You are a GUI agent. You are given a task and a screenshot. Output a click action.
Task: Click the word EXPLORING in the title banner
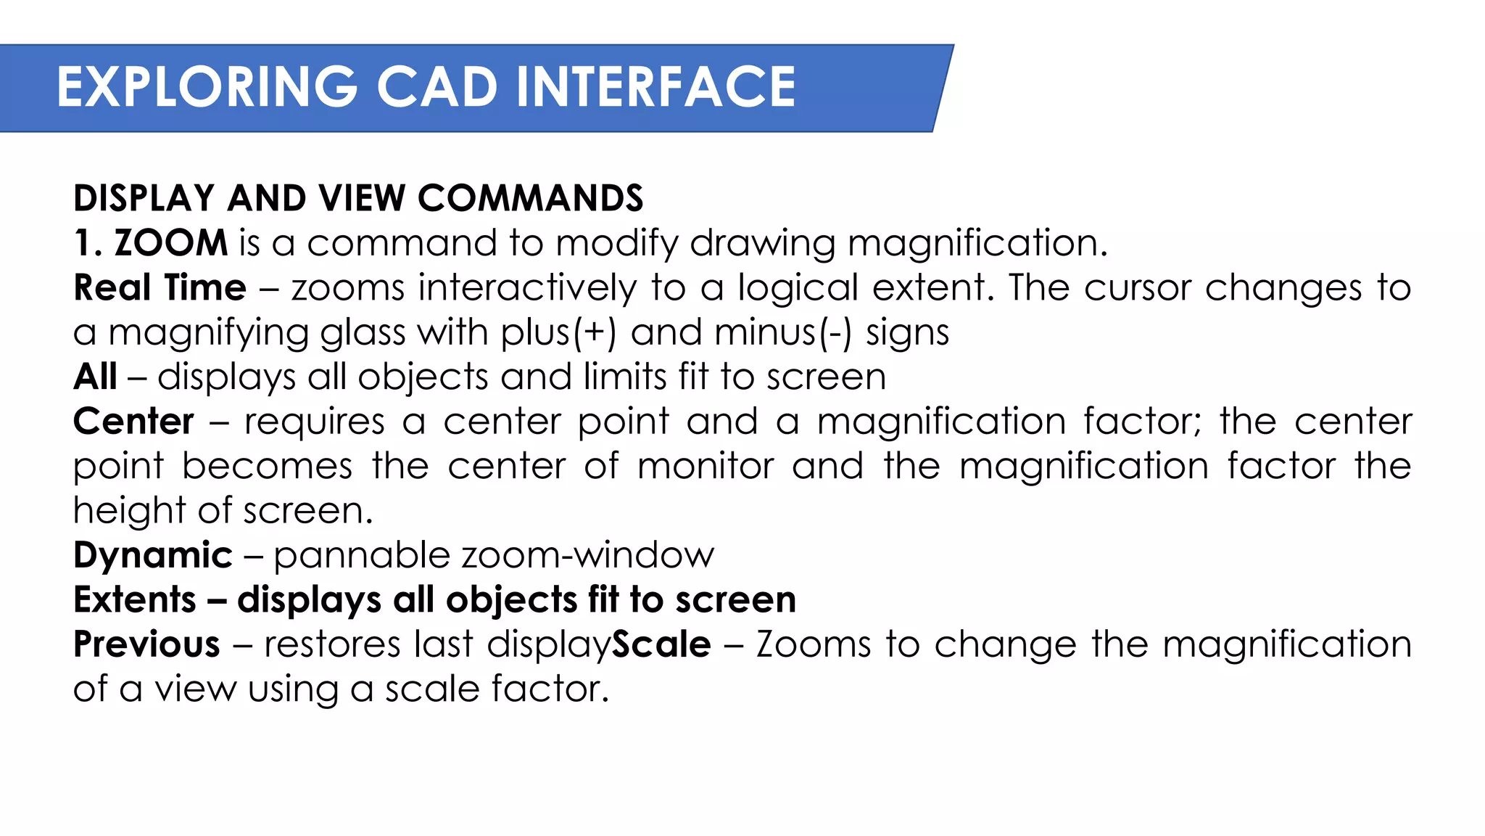(x=207, y=87)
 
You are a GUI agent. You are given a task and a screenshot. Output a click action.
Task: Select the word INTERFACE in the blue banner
(x=655, y=87)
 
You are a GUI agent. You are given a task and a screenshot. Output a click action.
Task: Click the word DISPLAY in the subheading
(x=144, y=198)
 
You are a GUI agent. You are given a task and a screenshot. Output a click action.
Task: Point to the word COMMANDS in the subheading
(x=530, y=198)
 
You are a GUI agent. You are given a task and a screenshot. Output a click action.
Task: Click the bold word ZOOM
(x=171, y=242)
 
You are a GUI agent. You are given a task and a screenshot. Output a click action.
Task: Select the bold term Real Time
(x=160, y=287)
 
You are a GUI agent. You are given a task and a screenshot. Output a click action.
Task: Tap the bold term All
(x=95, y=377)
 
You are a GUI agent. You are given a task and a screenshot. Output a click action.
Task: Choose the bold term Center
(x=134, y=422)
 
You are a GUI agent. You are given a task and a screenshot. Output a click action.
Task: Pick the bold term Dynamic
(x=153, y=556)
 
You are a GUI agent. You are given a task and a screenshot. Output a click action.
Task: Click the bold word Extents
(x=135, y=600)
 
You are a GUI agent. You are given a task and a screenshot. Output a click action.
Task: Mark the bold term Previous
(x=146, y=644)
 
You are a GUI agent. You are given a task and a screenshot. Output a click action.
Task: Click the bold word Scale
(x=661, y=644)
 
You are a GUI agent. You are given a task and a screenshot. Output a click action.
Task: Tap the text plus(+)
(x=558, y=332)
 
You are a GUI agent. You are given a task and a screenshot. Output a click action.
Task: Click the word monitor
(x=706, y=466)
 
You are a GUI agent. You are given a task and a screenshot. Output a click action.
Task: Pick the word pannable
(x=362, y=556)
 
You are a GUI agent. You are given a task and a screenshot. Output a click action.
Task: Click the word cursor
(x=1137, y=287)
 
